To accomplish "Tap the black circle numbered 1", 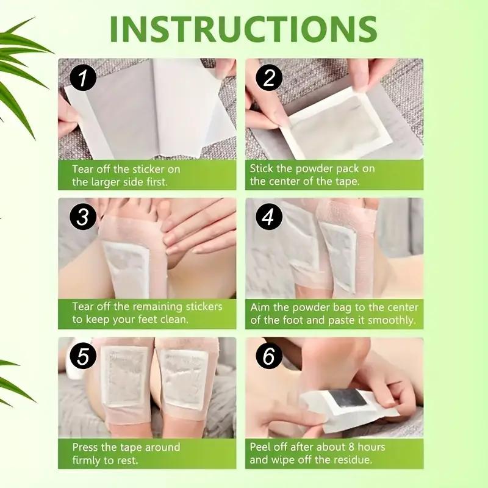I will click(82, 79).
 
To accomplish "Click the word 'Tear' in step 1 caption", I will click(84, 168).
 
